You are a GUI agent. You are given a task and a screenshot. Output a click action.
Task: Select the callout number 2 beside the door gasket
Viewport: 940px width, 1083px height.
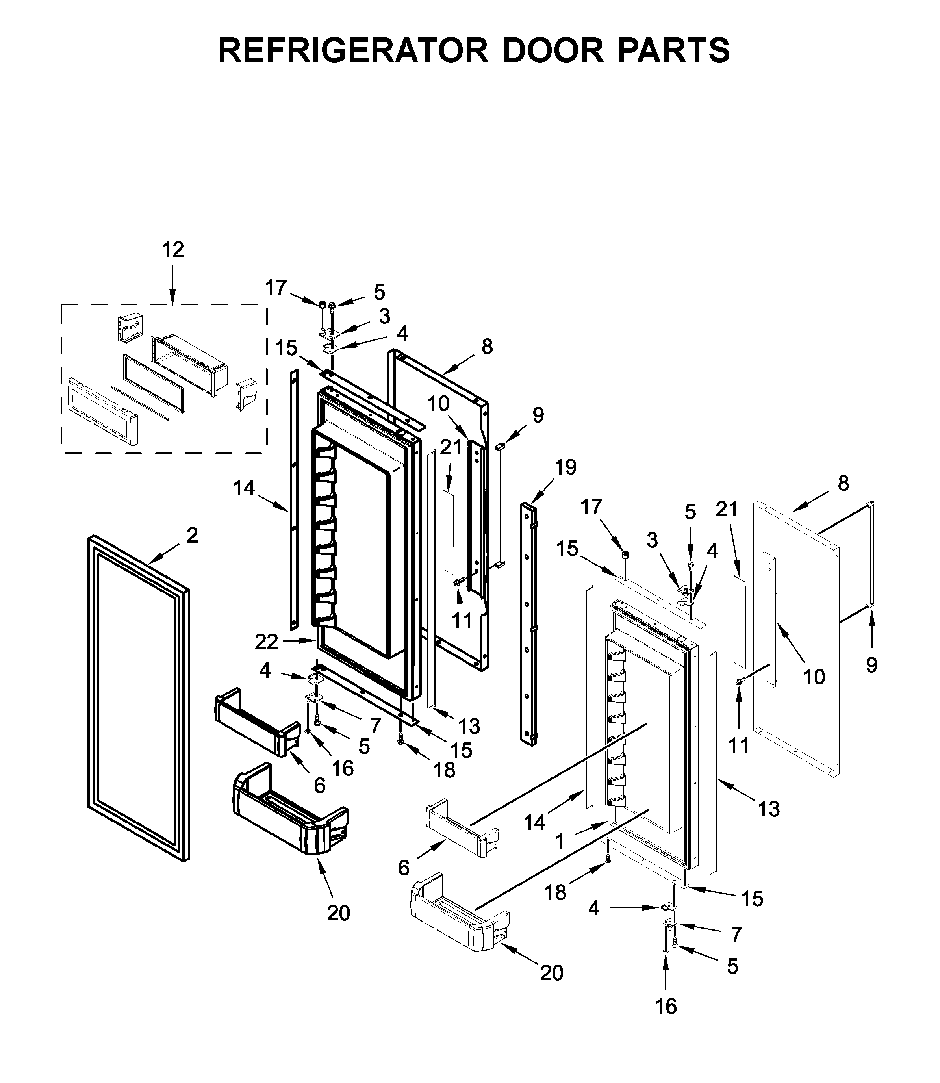tap(192, 536)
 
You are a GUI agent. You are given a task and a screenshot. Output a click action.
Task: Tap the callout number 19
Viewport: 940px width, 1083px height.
tap(565, 467)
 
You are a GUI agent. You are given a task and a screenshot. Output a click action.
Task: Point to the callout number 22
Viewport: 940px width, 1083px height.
tap(267, 642)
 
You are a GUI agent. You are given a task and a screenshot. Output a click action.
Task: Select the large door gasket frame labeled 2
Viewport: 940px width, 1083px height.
tap(92, 682)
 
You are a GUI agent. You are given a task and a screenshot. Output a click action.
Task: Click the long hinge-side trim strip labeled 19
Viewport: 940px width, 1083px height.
tap(528, 624)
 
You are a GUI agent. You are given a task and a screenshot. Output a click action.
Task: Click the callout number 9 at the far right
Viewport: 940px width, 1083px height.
tap(871, 665)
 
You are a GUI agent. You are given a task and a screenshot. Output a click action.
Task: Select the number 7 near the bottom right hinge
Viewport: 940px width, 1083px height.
tap(736, 934)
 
